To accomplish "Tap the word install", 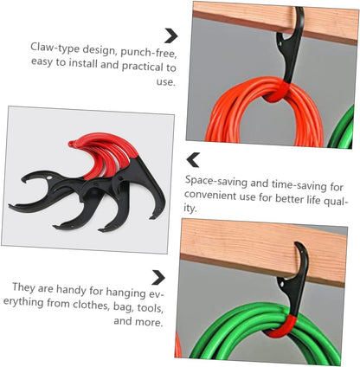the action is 84,63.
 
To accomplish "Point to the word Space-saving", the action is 216,182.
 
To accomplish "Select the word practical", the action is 144,67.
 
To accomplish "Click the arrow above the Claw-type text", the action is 171,35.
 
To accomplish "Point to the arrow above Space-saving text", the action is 193,160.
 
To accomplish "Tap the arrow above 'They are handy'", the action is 158,278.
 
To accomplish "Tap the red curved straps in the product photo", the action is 106,153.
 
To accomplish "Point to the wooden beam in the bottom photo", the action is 263,252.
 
